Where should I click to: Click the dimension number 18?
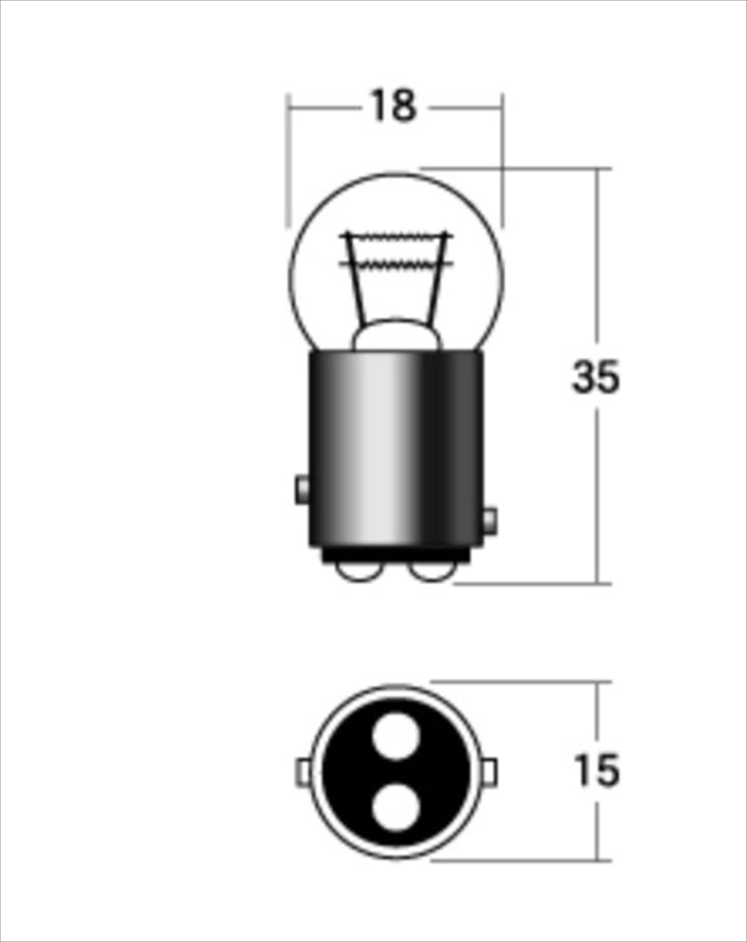tap(393, 106)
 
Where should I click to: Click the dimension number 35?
tap(595, 378)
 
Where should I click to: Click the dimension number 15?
tap(596, 770)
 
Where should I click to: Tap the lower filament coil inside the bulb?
tap(396, 265)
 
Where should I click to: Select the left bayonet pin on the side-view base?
tap(302, 490)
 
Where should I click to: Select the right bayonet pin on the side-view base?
tap(490, 520)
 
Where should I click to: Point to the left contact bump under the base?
tap(359, 573)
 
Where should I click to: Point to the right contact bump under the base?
tap(431, 573)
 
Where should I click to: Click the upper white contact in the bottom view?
tap(396, 736)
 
